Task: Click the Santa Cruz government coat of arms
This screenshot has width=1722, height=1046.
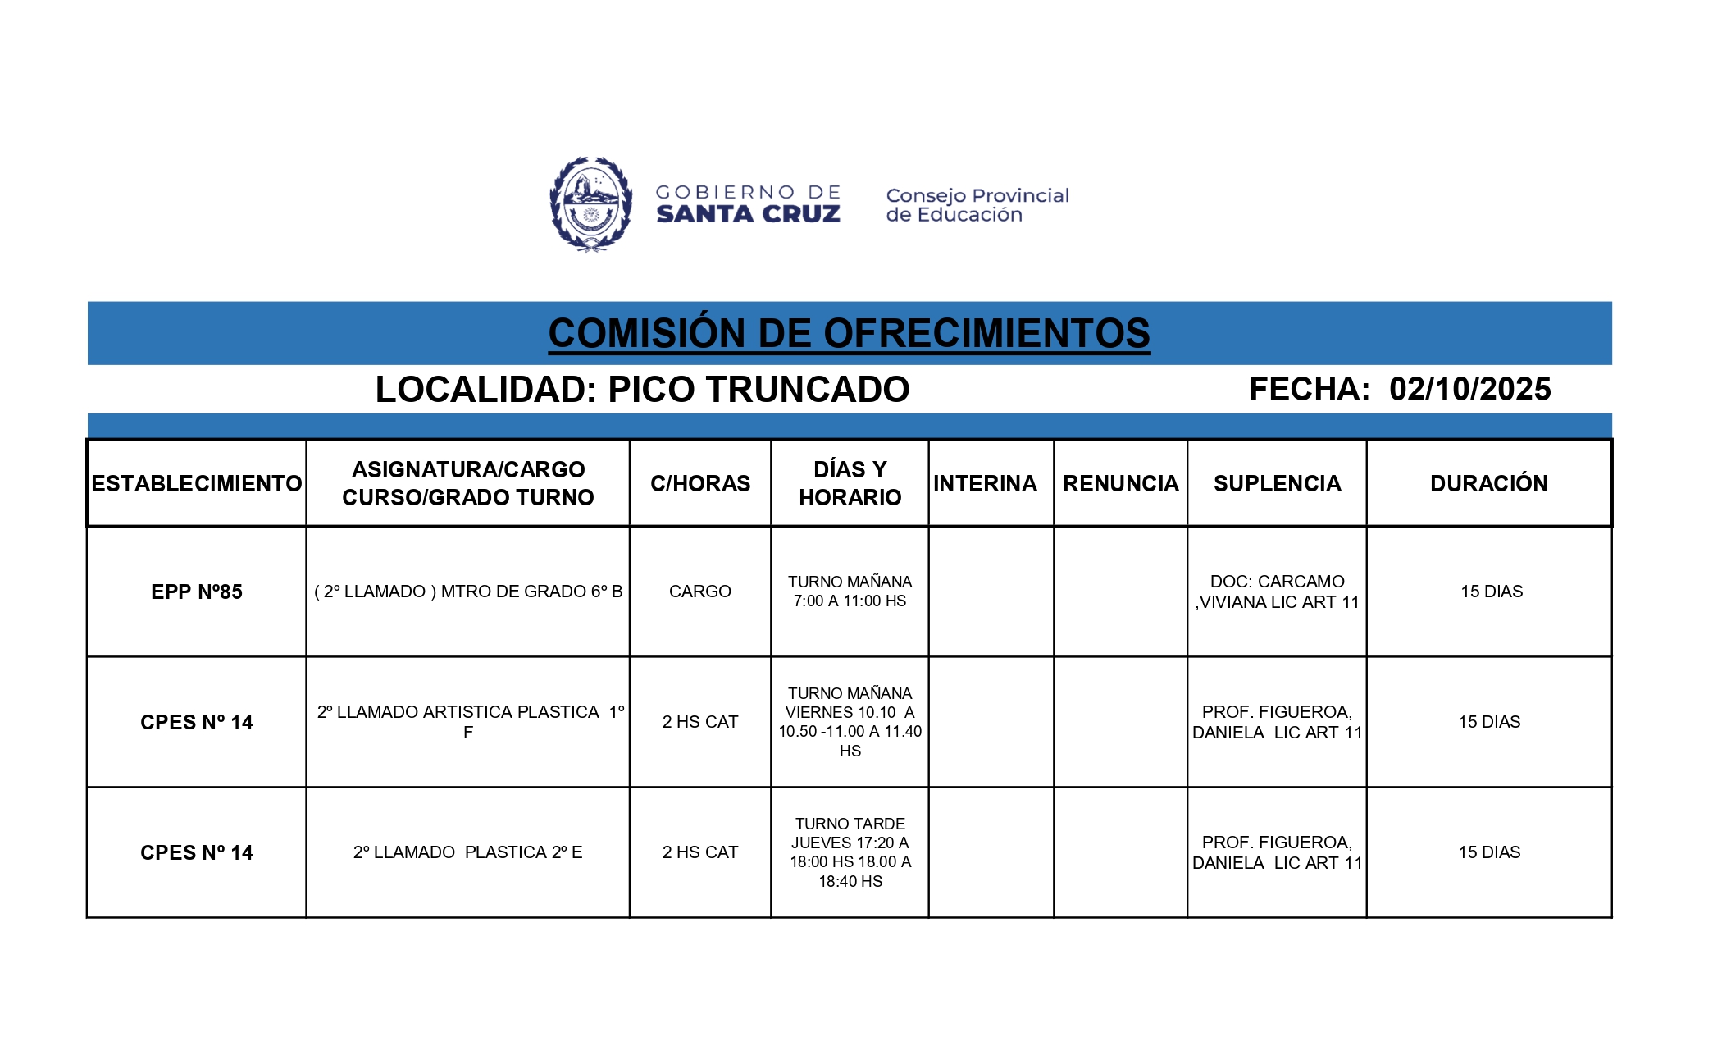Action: pyautogui.click(x=590, y=203)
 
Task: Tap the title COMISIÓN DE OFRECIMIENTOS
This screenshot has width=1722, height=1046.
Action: pyautogui.click(x=849, y=333)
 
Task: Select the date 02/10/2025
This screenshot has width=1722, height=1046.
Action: pyautogui.click(x=1469, y=389)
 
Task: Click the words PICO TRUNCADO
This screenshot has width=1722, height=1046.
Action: pyautogui.click(x=758, y=390)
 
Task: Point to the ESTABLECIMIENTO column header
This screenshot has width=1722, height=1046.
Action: pyautogui.click(x=197, y=483)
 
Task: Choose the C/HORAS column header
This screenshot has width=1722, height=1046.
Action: pyautogui.click(x=700, y=483)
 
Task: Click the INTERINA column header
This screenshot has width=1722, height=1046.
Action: pyautogui.click(x=985, y=483)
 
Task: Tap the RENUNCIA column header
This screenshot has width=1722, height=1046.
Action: pyautogui.click(x=1120, y=483)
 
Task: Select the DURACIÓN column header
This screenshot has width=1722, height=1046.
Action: pyautogui.click(x=1488, y=483)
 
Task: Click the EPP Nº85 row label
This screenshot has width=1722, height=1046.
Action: pyautogui.click(x=197, y=592)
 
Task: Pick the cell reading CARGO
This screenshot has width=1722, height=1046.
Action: pyautogui.click(x=699, y=592)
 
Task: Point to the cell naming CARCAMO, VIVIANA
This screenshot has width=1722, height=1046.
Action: pyautogui.click(x=1277, y=592)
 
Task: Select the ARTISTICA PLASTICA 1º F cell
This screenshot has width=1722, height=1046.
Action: pyautogui.click(x=468, y=722)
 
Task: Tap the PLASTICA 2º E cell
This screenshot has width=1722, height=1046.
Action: pyautogui.click(x=468, y=852)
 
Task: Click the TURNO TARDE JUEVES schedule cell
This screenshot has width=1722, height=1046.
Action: pyautogui.click(x=850, y=852)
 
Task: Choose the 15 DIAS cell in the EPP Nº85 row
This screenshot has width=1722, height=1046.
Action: pyautogui.click(x=1491, y=592)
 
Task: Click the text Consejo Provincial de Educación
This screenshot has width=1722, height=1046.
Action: pyautogui.click(x=977, y=205)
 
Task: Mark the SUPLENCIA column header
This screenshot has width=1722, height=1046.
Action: pyautogui.click(x=1277, y=483)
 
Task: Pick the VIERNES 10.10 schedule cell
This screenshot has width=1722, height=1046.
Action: pyautogui.click(x=850, y=722)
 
